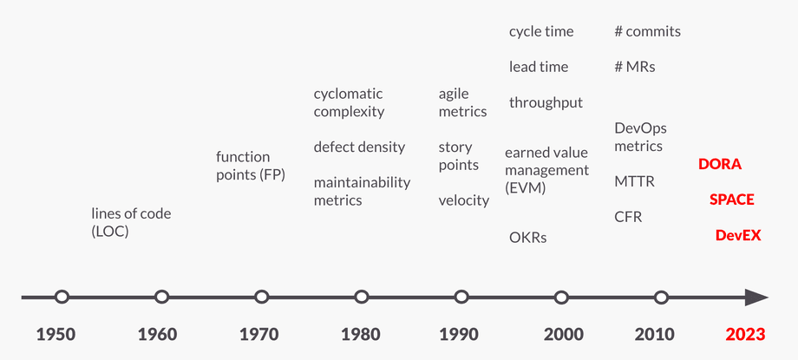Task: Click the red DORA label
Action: (720, 164)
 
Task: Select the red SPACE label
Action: (731, 200)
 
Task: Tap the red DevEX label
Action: (737, 235)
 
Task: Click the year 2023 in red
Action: (745, 335)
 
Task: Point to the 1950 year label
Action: (56, 335)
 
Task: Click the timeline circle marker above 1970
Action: (261, 298)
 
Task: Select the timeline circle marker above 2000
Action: (561, 298)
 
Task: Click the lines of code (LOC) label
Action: (131, 222)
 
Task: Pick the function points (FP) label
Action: (250, 166)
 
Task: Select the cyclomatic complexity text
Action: (349, 102)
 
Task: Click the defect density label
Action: (359, 147)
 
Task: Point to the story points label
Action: (458, 156)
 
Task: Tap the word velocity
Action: (463, 200)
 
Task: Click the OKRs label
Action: (527, 237)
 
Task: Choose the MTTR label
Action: (634, 182)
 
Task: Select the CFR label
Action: (628, 217)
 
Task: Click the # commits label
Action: (647, 31)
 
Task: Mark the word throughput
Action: (546, 102)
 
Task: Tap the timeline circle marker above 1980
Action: (362, 298)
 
